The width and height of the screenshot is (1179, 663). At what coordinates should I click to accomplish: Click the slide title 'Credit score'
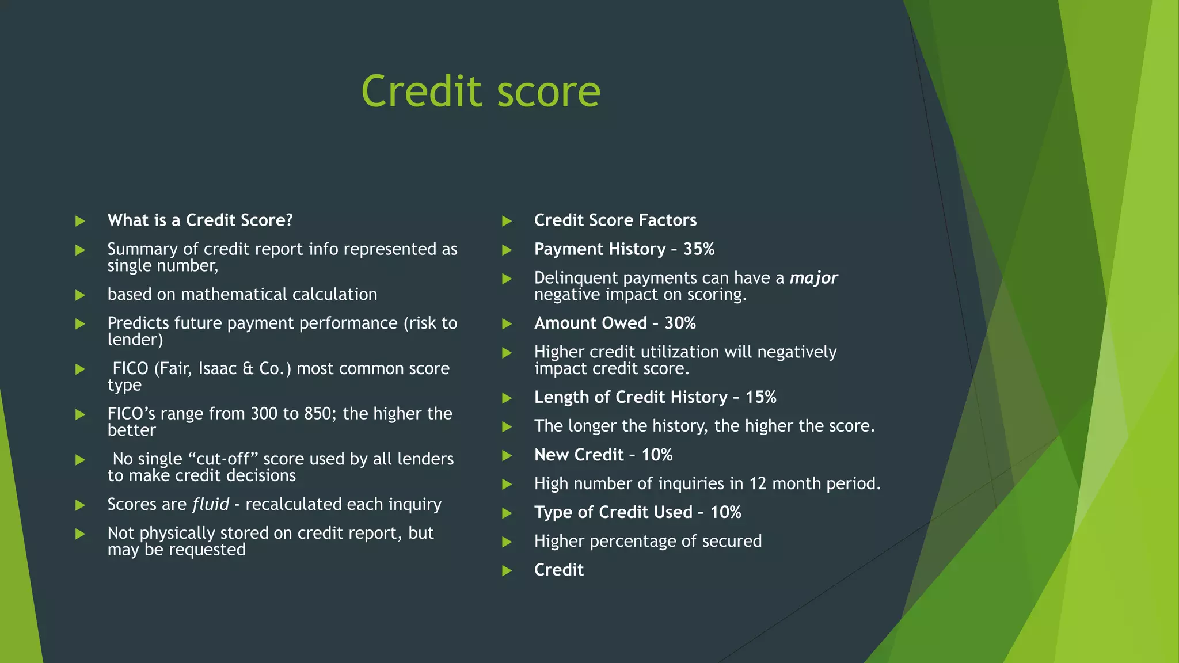tap(481, 92)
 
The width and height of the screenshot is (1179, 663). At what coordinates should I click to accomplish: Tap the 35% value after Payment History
tap(699, 249)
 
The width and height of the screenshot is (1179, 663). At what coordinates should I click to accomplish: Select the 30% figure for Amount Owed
tap(680, 323)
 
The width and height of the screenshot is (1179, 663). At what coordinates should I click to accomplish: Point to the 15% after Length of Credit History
tap(760, 397)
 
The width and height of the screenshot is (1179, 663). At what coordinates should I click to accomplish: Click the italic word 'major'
tap(813, 278)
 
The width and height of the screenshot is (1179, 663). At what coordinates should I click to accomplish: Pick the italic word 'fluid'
tap(211, 505)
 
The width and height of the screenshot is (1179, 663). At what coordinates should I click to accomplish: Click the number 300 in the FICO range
tap(264, 414)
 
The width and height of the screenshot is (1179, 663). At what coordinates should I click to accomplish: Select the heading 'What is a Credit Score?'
tap(200, 220)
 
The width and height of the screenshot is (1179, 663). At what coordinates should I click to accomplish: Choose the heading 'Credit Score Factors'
tap(615, 220)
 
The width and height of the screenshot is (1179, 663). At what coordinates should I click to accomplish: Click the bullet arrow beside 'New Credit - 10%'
tap(507, 456)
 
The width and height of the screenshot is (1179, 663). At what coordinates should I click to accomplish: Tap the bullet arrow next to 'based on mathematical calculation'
tap(80, 295)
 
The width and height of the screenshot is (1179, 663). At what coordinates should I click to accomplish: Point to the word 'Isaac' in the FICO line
tap(217, 368)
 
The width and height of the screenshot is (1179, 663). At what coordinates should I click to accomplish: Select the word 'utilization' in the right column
tap(691, 352)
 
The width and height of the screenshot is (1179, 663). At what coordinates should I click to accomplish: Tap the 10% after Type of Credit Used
tap(725, 512)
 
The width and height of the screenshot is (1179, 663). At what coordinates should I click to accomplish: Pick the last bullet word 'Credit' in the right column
tap(558, 570)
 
